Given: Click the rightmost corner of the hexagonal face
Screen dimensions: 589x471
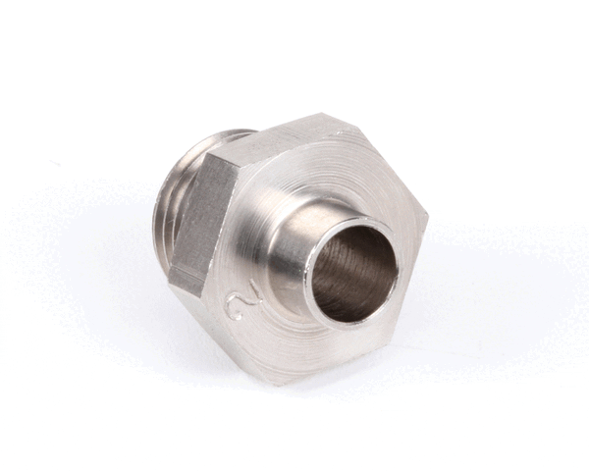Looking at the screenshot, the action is (427, 215).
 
